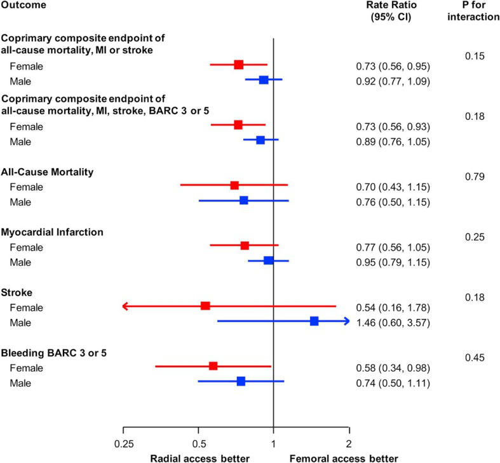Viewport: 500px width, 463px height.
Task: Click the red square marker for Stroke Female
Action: tap(205, 306)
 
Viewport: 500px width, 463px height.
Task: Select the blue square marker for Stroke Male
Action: tap(314, 322)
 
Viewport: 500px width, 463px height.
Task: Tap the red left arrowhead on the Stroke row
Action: tap(125, 306)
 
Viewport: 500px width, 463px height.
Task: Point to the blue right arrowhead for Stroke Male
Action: tap(346, 322)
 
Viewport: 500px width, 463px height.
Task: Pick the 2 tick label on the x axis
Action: tap(349, 443)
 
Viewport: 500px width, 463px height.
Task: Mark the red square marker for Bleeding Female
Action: tap(213, 366)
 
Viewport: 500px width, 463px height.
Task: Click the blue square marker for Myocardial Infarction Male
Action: tap(268, 261)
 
